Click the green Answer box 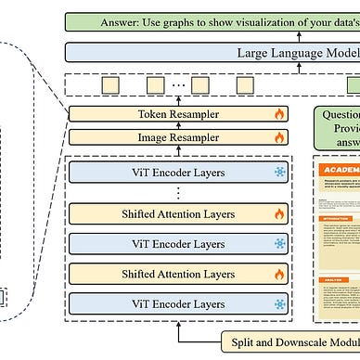point(212,20)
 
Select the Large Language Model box point(212,53)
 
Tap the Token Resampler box point(177,116)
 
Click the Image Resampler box point(177,136)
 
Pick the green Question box point(335,126)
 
